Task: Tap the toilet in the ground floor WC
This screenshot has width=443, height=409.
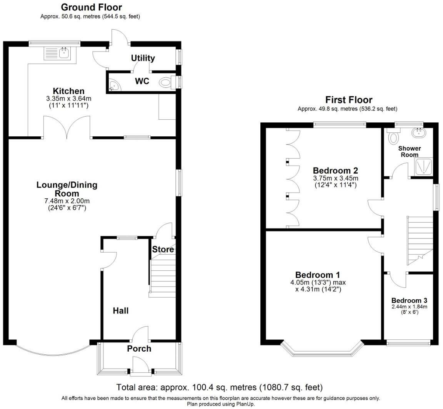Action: [x=166, y=82]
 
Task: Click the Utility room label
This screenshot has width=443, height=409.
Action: [x=143, y=58]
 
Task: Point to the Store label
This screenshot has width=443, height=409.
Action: [x=163, y=250]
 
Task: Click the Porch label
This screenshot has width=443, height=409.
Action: [x=139, y=349]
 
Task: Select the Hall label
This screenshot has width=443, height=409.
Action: [x=121, y=310]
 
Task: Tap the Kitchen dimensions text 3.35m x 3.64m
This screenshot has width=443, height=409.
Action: [x=68, y=99]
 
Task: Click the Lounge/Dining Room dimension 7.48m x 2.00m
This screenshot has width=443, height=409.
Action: [x=67, y=201]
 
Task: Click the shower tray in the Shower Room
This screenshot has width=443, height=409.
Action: [x=423, y=166]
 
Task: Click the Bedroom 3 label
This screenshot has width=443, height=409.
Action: [x=409, y=300]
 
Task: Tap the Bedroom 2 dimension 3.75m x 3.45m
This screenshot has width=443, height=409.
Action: [x=335, y=178]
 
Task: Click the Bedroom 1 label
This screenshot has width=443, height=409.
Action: [x=318, y=275]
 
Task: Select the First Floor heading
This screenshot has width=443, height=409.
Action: [x=349, y=100]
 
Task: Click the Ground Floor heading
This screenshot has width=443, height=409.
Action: [x=92, y=7]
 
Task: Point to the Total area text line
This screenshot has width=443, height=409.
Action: [x=219, y=387]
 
